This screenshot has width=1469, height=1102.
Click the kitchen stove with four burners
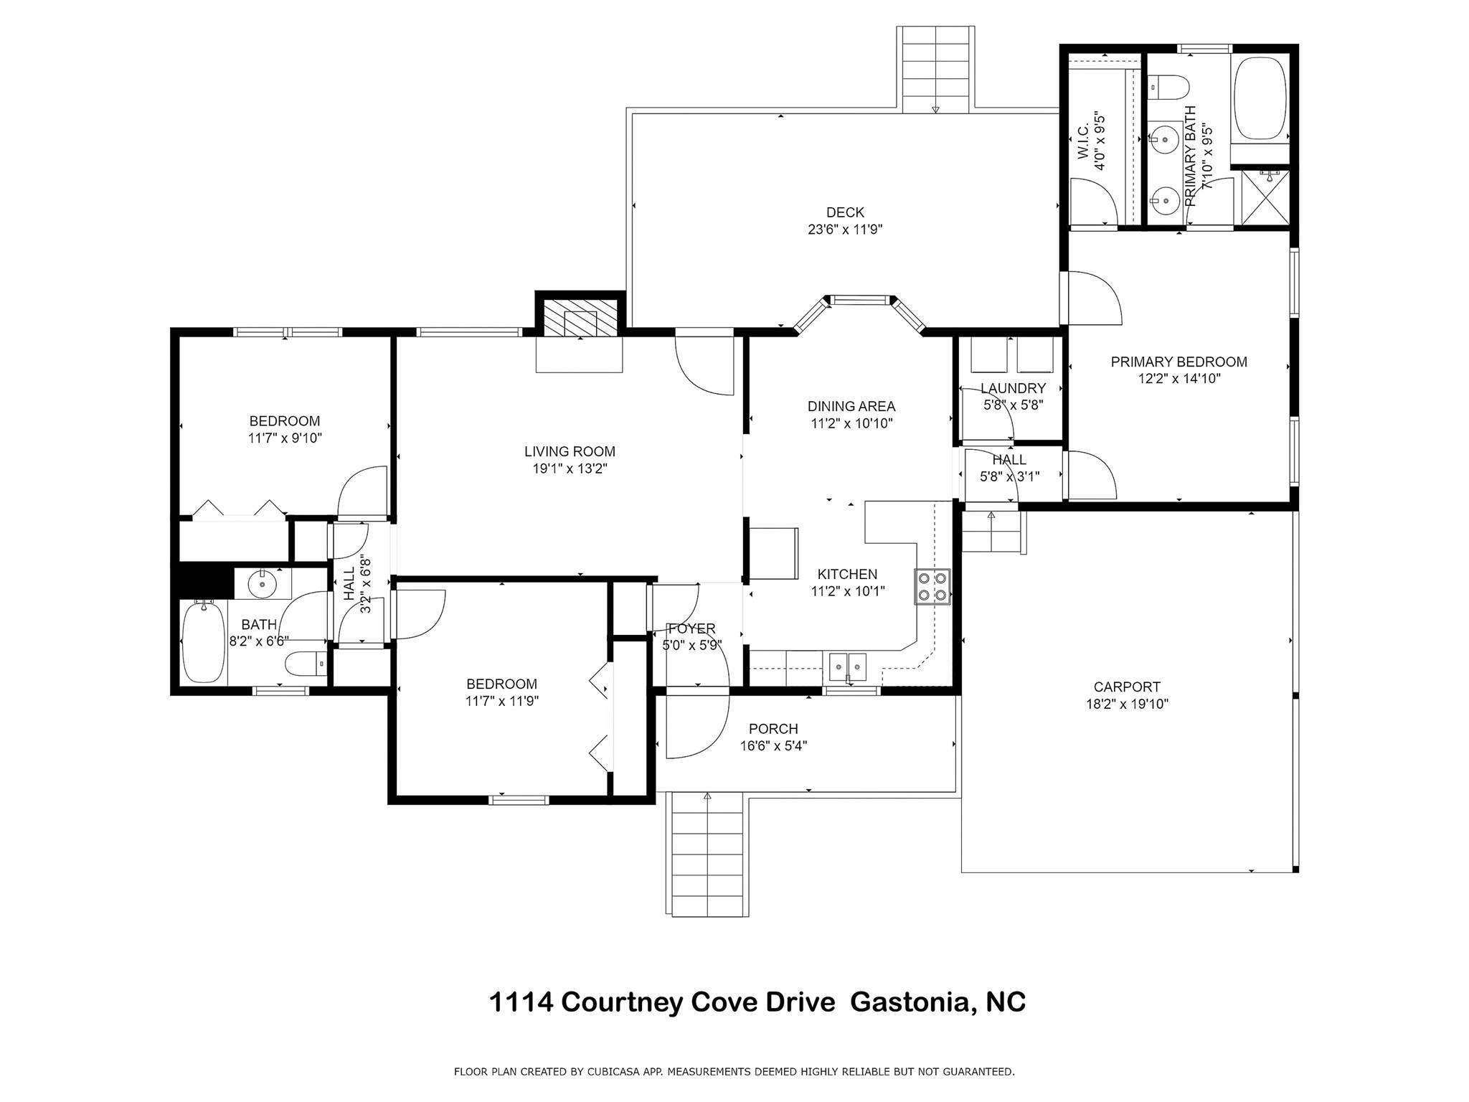click(932, 586)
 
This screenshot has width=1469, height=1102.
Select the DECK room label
click(845, 212)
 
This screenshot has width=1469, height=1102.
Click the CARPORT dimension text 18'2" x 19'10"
click(1127, 704)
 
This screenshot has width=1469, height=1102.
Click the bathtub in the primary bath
click(1260, 98)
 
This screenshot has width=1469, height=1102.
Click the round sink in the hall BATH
click(263, 584)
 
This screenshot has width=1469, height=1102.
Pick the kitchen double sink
click(848, 667)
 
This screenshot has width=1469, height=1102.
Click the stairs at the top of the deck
click(935, 70)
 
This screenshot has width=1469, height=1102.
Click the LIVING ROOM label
click(570, 451)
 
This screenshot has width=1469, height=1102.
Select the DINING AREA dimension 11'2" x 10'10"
click(851, 423)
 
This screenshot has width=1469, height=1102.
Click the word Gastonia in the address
click(910, 1002)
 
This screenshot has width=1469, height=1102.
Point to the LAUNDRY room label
click(1013, 388)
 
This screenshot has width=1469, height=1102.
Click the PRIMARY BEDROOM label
click(1178, 362)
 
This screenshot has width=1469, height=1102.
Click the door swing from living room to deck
click(703, 366)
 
